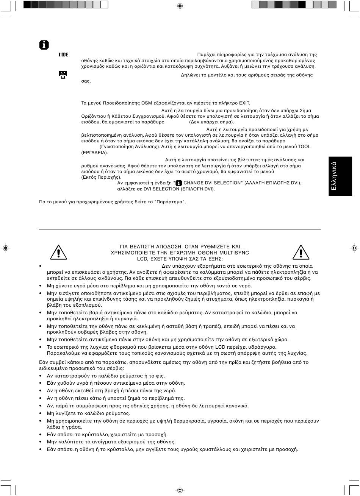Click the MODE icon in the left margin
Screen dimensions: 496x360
coord(63,55)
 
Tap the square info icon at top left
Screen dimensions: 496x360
coord(44,45)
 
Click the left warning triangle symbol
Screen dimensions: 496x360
coord(57,252)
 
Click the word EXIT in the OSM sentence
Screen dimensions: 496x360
coord(244,103)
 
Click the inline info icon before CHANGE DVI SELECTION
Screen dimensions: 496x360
coord(179,183)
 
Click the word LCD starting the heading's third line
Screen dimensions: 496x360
coord(142,259)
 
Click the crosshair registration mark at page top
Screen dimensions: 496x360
coord(180,6)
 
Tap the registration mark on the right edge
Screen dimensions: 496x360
coord(354,248)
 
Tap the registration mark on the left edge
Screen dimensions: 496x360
coord(6,248)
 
